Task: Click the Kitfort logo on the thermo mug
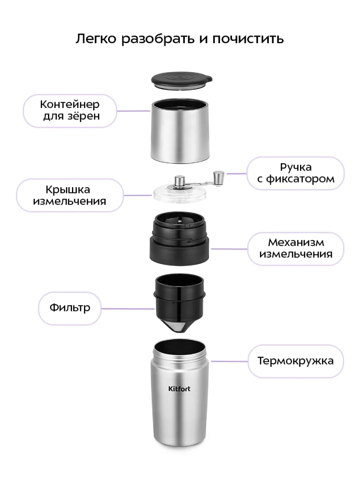tap(180, 389)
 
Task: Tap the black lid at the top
tap(181, 81)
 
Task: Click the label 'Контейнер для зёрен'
tap(70, 110)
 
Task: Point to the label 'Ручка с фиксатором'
tap(296, 173)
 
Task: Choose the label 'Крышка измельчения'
tap(70, 195)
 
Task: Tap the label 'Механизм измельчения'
tap(296, 248)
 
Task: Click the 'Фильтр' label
tap(70, 308)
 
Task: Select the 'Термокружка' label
tap(295, 361)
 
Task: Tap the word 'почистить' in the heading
tap(248, 39)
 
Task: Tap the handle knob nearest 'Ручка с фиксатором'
tap(218, 178)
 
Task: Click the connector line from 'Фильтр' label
tap(128, 309)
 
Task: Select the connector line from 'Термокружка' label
tap(229, 361)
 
